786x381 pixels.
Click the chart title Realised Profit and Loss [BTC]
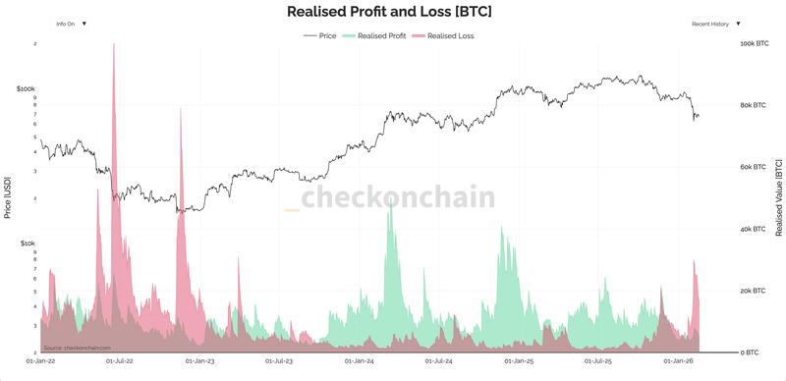pos(389,12)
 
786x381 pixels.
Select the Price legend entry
pos(320,35)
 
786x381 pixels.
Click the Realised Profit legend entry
pos(374,35)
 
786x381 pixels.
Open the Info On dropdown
pos(71,23)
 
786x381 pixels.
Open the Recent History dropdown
pos(715,23)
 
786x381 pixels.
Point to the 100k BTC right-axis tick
pos(754,44)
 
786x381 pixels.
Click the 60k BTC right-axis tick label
pos(753,168)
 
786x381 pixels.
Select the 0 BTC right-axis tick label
pos(750,353)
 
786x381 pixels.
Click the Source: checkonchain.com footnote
pos(78,348)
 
